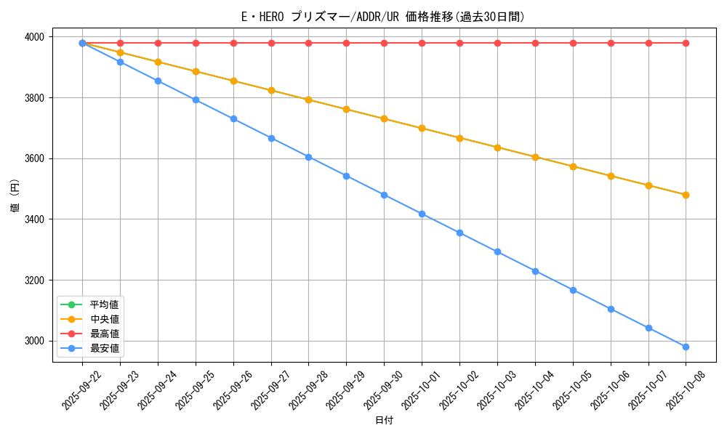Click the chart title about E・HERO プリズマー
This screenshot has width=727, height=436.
(x=383, y=17)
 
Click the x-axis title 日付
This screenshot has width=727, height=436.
(x=384, y=421)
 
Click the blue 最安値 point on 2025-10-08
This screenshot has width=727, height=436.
(x=686, y=347)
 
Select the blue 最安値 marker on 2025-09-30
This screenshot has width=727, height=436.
(x=384, y=195)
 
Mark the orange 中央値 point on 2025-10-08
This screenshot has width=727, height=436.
(x=686, y=195)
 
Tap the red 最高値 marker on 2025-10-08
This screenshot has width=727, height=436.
(x=686, y=43)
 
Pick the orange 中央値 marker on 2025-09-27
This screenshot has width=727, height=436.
(x=271, y=90)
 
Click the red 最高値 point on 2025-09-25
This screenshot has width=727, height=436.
(x=196, y=43)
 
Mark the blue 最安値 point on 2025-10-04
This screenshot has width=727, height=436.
(x=535, y=271)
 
